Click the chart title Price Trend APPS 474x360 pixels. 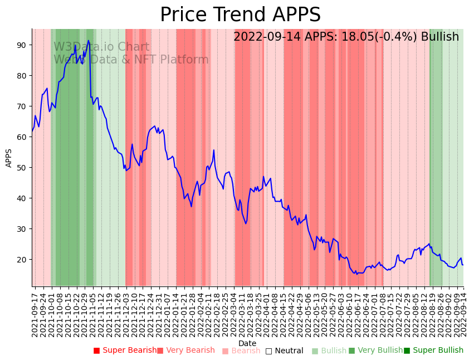240,15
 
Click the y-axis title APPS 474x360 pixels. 9,158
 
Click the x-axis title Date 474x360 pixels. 247,343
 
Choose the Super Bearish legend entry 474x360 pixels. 125,351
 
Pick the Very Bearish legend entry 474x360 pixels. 185,351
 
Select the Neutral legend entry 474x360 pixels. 284,351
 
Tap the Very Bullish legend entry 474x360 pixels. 375,351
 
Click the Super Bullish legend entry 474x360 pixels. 433,351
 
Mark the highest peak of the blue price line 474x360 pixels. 89,40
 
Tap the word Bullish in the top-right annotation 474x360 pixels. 439,37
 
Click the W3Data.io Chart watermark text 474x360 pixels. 101,47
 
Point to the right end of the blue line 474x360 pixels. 462,265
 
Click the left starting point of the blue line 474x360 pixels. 32,132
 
